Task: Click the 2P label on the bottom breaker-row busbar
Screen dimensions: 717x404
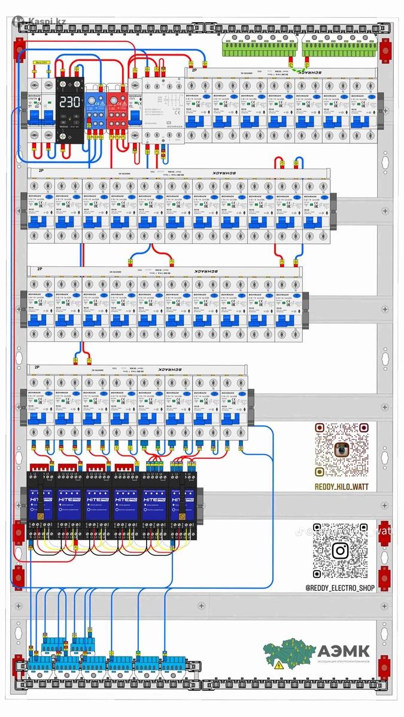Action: [x=37, y=367]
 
